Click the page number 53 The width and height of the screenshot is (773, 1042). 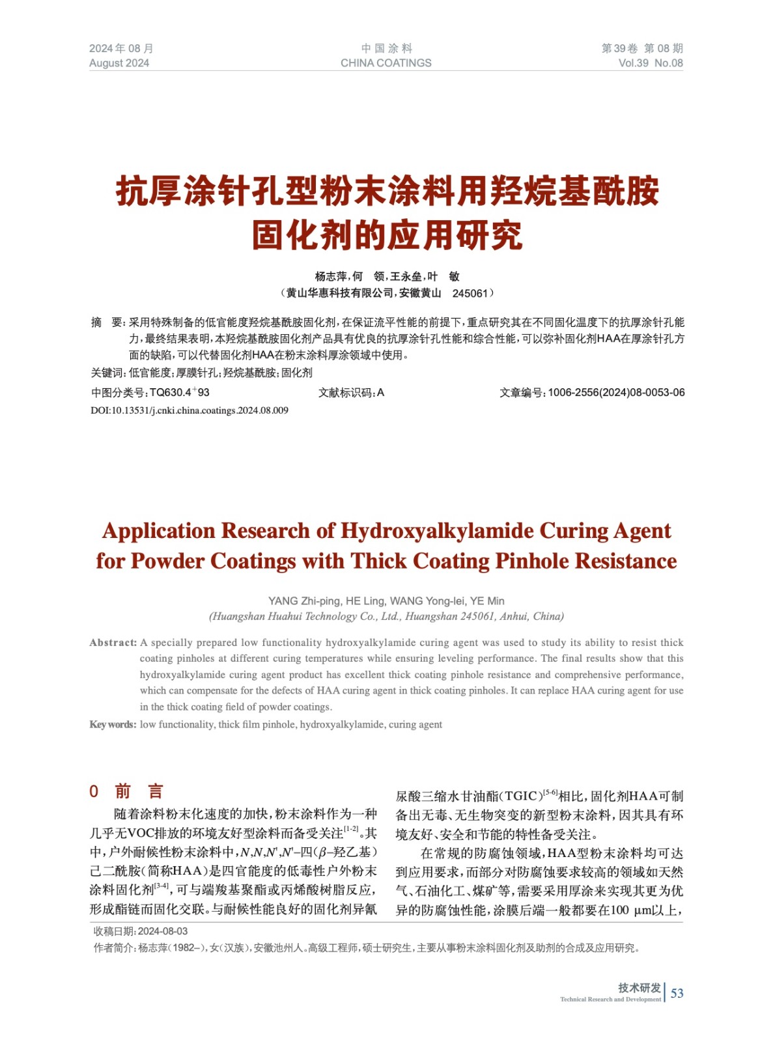pos(677,993)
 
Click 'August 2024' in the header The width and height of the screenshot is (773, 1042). pos(119,63)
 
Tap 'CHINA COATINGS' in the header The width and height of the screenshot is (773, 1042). pos(386,63)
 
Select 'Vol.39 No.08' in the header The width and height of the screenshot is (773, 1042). pos(650,63)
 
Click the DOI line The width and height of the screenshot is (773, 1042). pos(190,410)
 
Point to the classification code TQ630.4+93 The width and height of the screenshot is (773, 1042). pos(179,392)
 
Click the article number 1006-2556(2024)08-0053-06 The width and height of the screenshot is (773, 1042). pos(616,392)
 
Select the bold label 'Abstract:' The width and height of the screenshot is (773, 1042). pos(113,643)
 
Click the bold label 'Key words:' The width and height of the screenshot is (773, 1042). pos(113,724)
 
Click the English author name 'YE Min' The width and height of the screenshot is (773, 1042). pos(487,600)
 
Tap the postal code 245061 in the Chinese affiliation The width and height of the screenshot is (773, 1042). pos(470,293)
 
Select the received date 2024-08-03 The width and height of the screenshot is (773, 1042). pos(163,931)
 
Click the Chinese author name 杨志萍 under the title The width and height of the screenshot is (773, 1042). pos(331,276)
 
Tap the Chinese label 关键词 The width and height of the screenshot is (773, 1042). pos(107,373)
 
